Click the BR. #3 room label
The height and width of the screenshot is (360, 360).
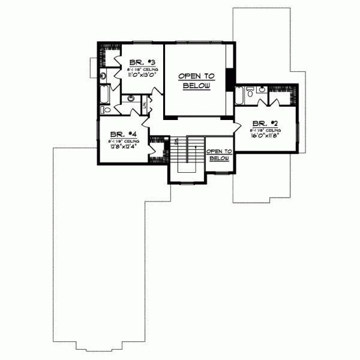[x=142, y=62]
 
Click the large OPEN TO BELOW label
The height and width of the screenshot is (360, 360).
[x=196, y=81]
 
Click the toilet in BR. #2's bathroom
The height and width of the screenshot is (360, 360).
[x=251, y=92]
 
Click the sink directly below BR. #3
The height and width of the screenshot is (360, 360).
[x=131, y=98]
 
